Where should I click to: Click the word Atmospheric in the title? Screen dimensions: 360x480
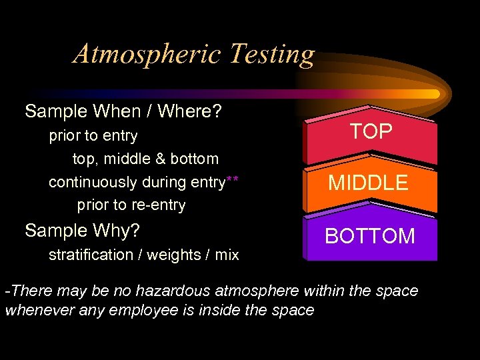(x=147, y=54)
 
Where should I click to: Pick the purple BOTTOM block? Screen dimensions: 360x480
(x=370, y=236)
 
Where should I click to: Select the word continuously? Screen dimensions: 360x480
(x=93, y=182)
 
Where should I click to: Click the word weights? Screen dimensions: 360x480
(x=173, y=255)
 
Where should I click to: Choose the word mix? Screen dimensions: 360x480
(x=227, y=255)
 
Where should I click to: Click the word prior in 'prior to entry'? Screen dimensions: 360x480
(x=64, y=136)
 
